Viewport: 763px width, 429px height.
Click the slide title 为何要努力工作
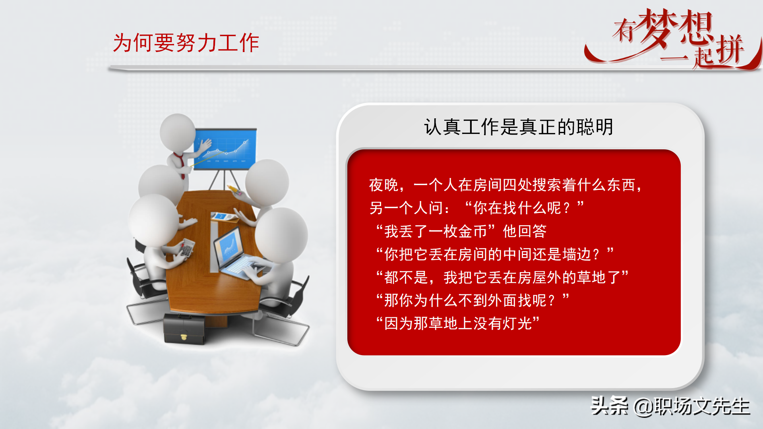(186, 43)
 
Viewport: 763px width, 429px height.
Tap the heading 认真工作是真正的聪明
(519, 127)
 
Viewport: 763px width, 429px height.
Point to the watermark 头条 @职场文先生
(670, 406)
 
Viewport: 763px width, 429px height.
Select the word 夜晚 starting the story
(383, 185)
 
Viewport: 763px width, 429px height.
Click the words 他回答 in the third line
(525, 231)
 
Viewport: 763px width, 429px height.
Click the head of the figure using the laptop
(281, 234)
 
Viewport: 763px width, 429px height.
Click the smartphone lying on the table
(222, 216)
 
